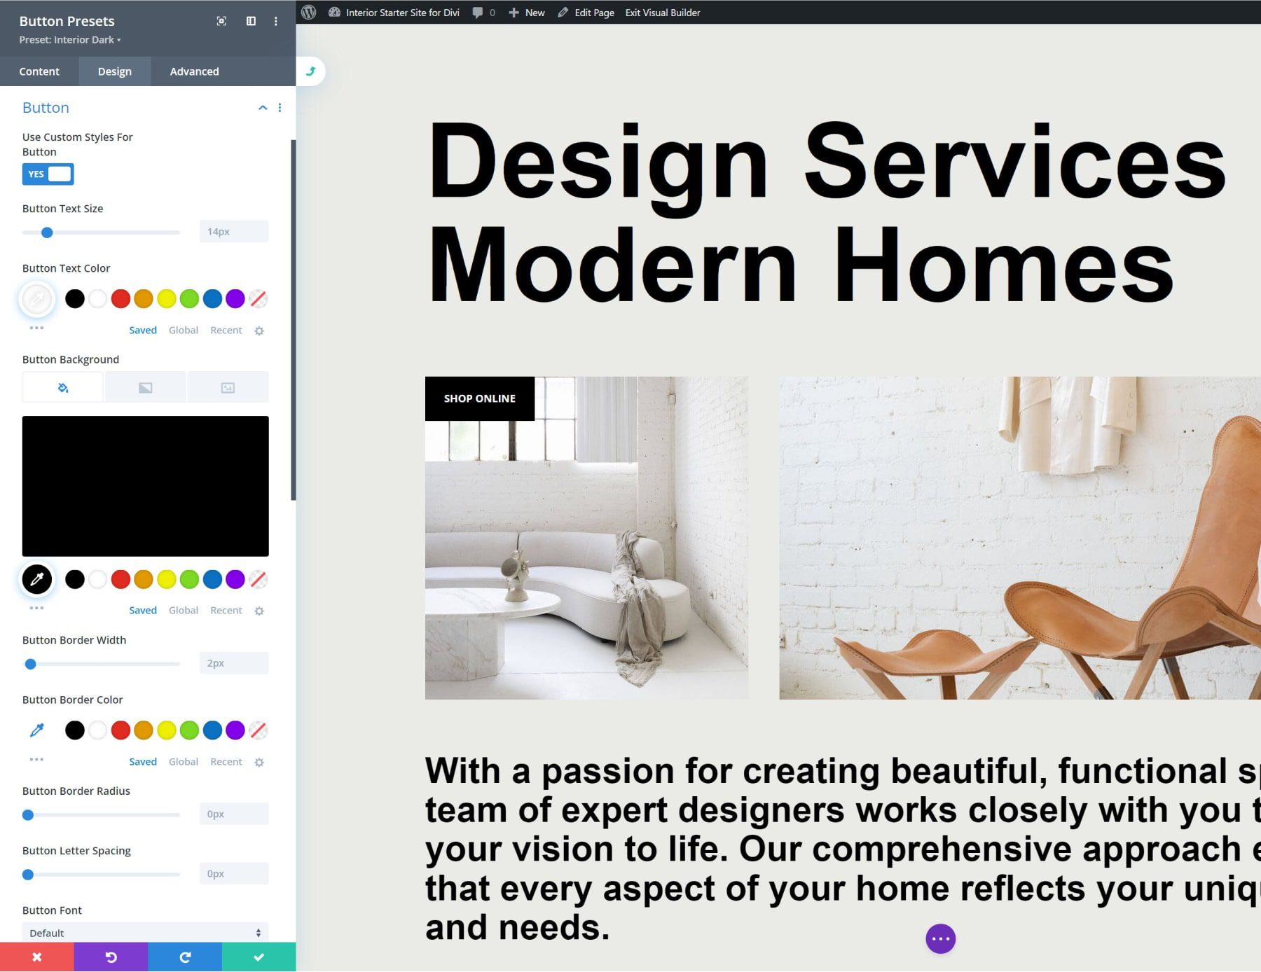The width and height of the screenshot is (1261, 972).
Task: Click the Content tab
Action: [39, 71]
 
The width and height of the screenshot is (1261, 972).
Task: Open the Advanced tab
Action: [194, 71]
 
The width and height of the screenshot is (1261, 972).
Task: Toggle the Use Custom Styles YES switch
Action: [48, 174]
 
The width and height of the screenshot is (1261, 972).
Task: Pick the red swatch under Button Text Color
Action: [120, 299]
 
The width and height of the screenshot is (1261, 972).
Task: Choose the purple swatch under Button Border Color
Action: [235, 730]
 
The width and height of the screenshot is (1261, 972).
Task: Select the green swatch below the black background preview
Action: [189, 580]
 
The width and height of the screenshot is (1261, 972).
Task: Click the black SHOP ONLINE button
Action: [479, 398]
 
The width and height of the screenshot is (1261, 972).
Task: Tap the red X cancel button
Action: [37, 957]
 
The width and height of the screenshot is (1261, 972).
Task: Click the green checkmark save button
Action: [259, 957]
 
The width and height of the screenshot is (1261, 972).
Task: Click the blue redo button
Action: [185, 957]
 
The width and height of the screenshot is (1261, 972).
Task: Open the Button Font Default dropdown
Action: [145, 933]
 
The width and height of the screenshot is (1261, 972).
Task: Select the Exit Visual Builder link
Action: [662, 13]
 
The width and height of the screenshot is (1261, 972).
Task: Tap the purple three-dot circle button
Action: [940, 939]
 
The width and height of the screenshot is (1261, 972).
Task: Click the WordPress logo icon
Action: [309, 13]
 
